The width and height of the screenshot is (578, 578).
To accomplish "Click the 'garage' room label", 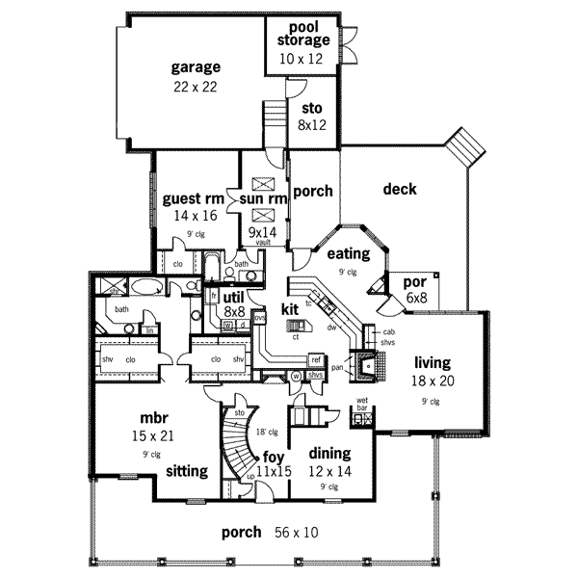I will click(196, 67).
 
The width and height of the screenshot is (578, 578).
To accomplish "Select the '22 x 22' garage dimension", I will click(196, 87).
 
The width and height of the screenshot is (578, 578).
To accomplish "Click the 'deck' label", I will click(399, 189).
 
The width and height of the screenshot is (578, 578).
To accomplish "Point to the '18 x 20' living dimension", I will click(433, 381).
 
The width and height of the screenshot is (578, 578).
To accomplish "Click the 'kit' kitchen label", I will click(291, 309).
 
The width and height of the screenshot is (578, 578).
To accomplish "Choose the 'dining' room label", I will click(329, 453).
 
